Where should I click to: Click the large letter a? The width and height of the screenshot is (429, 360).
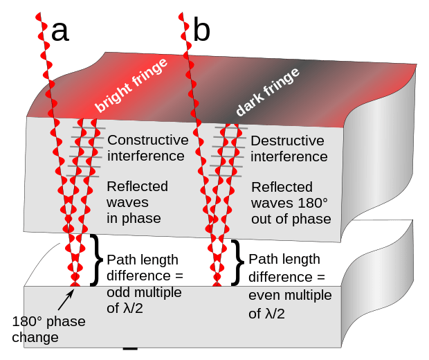point(60,31)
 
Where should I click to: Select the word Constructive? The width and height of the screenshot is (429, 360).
point(148,141)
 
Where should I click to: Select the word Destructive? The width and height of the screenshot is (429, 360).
point(287,141)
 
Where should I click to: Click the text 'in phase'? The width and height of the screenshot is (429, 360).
point(134,218)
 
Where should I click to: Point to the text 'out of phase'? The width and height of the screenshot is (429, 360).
point(291,219)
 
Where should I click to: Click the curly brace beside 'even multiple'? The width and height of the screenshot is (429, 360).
point(237,263)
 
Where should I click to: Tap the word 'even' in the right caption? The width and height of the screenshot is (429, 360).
point(262,296)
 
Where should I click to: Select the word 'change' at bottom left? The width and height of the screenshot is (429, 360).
point(35,337)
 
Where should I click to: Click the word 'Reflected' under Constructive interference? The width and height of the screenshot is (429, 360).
point(137,186)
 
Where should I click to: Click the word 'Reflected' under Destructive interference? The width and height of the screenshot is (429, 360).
point(282,187)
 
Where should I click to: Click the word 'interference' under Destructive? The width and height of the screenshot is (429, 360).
point(289,157)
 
